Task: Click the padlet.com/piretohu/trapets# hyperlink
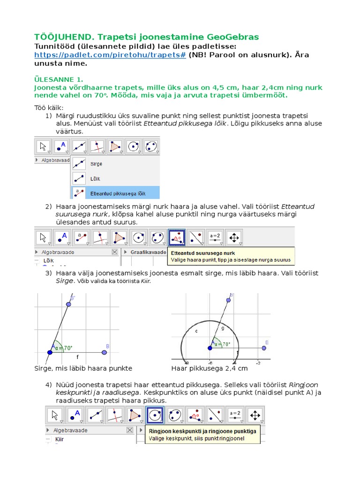click(110, 55)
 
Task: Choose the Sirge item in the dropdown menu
click(96, 164)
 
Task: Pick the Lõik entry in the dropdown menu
click(95, 178)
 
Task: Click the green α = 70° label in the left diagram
click(64, 348)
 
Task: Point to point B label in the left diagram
click(107, 347)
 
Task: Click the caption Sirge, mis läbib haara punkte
click(83, 368)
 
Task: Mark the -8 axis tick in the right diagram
click(186, 363)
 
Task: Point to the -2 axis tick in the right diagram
click(258, 363)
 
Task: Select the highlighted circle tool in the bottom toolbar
click(155, 415)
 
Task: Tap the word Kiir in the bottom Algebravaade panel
click(60, 439)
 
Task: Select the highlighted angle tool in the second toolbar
click(177, 238)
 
